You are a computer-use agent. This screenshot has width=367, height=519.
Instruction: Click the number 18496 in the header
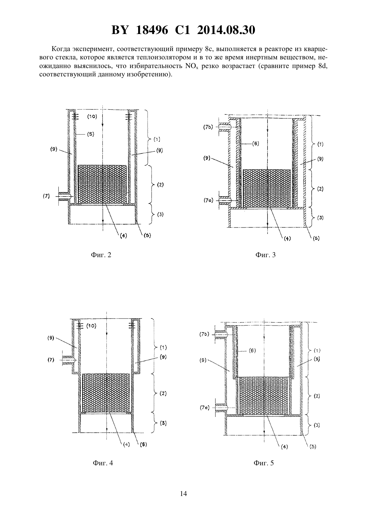click(152, 30)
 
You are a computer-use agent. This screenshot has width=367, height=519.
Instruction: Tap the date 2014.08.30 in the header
click(226, 30)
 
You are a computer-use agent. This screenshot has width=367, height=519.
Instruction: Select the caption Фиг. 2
click(101, 255)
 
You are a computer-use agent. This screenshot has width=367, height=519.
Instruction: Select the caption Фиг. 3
click(266, 255)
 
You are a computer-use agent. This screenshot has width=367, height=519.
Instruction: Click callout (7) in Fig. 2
click(46, 196)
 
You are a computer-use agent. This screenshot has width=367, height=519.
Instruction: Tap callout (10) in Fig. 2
click(92, 116)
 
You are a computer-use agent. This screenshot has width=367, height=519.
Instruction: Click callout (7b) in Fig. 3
click(208, 127)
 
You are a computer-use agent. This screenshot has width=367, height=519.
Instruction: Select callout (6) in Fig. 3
click(255, 144)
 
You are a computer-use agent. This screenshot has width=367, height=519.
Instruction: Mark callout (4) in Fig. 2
click(123, 235)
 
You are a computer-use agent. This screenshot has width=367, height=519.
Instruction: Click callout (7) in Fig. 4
click(51, 360)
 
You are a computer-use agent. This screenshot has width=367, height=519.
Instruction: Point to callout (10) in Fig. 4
click(91, 326)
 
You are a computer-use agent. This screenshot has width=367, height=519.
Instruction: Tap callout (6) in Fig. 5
click(252, 351)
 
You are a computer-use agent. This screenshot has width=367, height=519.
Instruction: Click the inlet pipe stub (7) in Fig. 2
click(63, 196)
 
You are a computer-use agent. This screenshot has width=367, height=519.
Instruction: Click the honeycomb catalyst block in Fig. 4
click(106, 393)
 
